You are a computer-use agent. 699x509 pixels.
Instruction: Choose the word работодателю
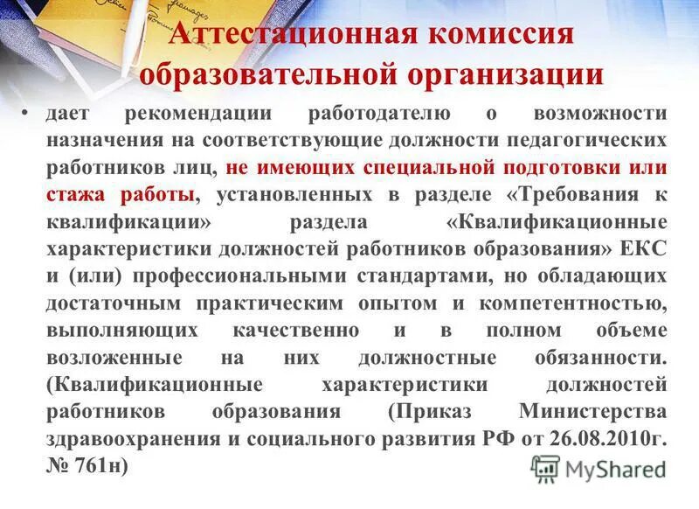click(379, 114)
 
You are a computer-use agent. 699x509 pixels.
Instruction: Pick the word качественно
click(296, 330)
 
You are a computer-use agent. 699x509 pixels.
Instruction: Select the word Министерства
click(592, 412)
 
